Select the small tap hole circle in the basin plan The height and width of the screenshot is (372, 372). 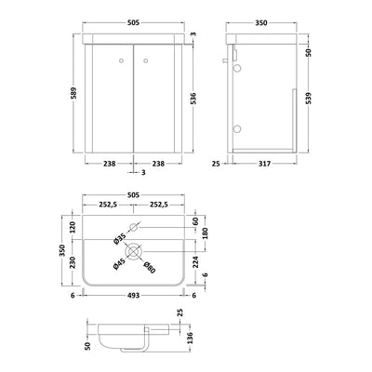(x=134, y=226)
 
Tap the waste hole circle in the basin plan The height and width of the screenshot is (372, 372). (x=134, y=249)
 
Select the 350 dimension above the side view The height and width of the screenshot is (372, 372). (x=271, y=16)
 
